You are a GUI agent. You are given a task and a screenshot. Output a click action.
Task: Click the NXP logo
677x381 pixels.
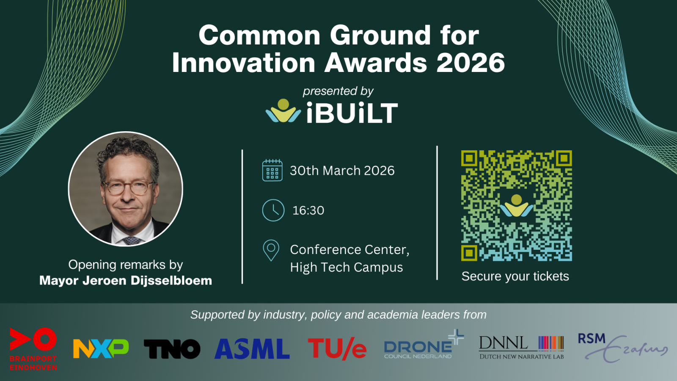coord(101,348)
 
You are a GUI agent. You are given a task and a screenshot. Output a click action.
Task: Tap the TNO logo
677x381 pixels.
coord(172,349)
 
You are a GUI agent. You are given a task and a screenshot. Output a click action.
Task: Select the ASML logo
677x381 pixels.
coord(252,349)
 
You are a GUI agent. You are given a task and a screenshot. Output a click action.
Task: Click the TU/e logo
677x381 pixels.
coord(337,349)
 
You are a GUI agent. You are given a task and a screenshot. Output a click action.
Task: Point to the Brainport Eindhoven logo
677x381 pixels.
coord(33,349)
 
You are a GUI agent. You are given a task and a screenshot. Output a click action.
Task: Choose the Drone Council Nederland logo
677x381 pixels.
coord(424,345)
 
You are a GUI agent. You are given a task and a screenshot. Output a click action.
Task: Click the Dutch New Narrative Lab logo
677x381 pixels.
coord(521,348)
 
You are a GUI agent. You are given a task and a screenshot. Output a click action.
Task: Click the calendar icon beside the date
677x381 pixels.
coord(272,170)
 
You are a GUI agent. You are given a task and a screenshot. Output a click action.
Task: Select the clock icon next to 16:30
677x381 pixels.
coord(273,210)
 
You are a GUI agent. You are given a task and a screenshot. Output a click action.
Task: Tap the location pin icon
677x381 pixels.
coord(271,250)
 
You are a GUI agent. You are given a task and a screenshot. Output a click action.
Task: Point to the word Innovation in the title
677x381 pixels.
coord(244,63)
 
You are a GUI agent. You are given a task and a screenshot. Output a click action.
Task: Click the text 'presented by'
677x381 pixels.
coord(338,91)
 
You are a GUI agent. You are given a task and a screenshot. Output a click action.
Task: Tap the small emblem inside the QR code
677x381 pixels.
coord(517,206)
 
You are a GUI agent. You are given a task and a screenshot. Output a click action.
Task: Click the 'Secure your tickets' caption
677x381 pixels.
coord(515,276)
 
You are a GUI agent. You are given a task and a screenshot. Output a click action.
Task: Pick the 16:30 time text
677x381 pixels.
coord(308,210)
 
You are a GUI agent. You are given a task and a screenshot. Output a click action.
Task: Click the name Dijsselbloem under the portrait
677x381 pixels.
coord(171,281)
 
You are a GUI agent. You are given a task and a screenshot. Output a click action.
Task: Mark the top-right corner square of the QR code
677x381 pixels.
coord(564,158)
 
